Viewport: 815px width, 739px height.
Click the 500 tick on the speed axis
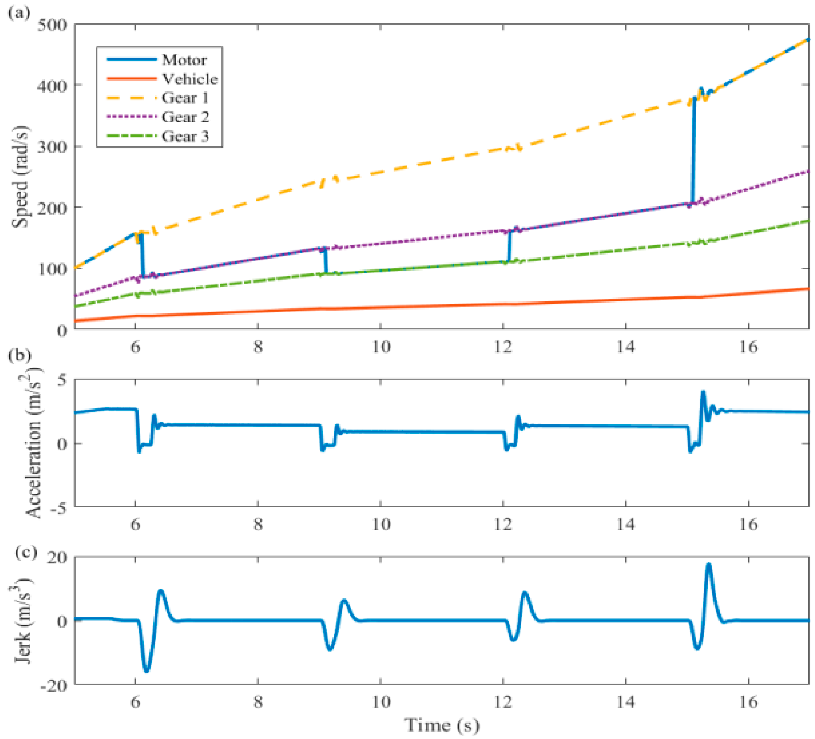click(52, 25)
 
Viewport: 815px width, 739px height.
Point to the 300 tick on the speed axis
click(52, 146)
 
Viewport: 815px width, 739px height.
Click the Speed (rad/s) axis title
click(20, 177)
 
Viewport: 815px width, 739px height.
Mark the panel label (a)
click(19, 13)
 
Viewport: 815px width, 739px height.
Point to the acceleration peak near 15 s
click(703, 392)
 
